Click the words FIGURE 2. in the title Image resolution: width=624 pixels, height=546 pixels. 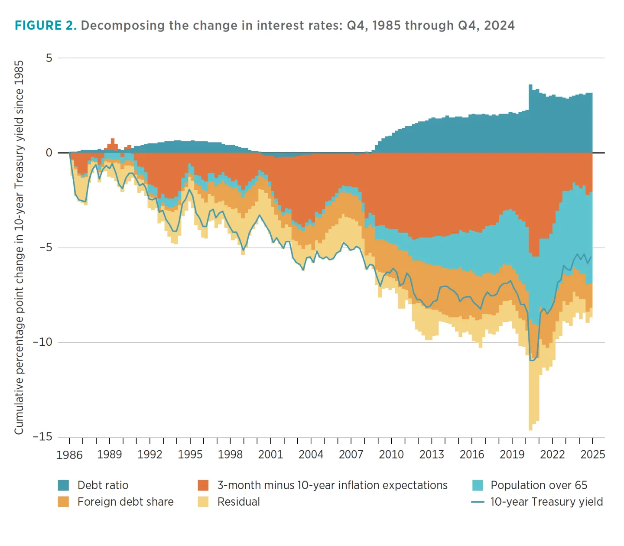click(45, 26)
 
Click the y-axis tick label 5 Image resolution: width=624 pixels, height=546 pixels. click(49, 58)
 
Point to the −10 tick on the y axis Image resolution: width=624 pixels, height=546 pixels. click(42, 342)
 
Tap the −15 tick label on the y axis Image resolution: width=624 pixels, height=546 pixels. click(42, 436)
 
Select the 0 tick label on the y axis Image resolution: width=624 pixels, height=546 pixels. click(49, 153)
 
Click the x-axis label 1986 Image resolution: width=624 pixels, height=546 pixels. click(69, 455)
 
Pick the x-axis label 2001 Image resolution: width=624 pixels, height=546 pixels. click(270, 454)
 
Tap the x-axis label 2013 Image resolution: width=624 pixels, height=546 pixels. click(432, 454)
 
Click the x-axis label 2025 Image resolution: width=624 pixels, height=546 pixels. click(592, 454)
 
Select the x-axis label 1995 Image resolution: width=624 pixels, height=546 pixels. click(190, 454)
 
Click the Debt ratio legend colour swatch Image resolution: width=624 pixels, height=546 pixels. click(64, 485)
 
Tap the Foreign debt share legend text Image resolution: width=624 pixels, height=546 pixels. click(125, 502)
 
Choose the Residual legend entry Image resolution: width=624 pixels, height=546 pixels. click(238, 502)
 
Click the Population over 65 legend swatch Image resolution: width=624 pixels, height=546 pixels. click(478, 485)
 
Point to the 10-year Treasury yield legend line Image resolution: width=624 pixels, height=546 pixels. click(478, 502)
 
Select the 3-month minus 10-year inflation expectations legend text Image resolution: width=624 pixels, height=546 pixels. click(332, 485)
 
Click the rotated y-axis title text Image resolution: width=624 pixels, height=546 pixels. click(19, 247)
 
